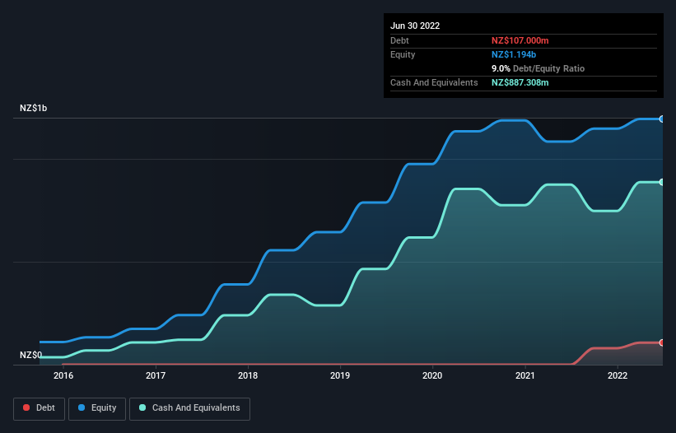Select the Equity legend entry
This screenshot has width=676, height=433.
97,408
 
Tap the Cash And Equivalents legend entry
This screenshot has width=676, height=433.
189,408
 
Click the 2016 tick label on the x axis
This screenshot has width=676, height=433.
63,376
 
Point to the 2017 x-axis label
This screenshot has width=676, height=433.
156,376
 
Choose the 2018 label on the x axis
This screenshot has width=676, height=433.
248,376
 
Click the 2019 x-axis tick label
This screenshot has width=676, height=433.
340,376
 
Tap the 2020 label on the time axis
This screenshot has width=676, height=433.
433,376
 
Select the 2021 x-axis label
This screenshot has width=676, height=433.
525,376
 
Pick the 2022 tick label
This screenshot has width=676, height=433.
618,376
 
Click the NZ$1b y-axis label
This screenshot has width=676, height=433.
34,109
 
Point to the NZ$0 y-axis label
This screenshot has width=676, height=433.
30,356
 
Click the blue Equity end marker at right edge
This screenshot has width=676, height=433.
661,119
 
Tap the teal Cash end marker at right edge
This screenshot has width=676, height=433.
661,182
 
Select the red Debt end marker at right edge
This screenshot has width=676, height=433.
661,342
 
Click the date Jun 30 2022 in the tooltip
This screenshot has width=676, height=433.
415,26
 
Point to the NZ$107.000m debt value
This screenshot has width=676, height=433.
520,40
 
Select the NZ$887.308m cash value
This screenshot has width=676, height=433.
520,82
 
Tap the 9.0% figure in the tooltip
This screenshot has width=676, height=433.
501,68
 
